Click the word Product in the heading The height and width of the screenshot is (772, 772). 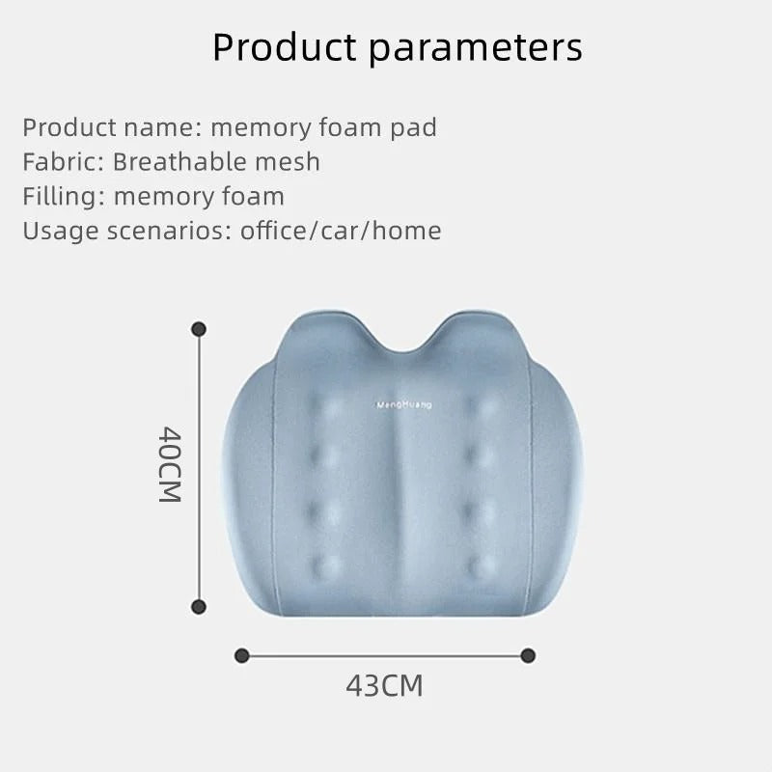pyautogui.click(x=280, y=46)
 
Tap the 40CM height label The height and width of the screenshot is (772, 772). pyautogui.click(x=170, y=464)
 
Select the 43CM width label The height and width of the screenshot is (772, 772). pyautogui.click(x=384, y=686)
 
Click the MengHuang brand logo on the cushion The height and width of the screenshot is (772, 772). pyautogui.click(x=404, y=405)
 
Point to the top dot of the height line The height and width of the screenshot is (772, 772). pyautogui.click(x=200, y=329)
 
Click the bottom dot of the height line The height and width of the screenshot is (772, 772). pyautogui.click(x=200, y=607)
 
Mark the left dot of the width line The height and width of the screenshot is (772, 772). pyautogui.click(x=242, y=655)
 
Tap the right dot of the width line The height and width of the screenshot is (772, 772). pyautogui.click(x=528, y=655)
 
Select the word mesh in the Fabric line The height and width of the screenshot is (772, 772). pyautogui.click(x=287, y=162)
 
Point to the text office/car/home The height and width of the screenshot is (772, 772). pyautogui.click(x=341, y=231)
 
